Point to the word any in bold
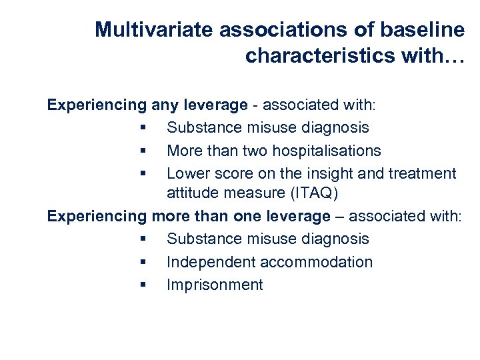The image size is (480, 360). pyautogui.click(x=165, y=105)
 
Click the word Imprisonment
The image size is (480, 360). pyautogui.click(x=215, y=285)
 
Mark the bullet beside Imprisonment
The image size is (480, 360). pyautogui.click(x=144, y=285)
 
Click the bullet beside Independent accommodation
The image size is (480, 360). pyautogui.click(x=144, y=262)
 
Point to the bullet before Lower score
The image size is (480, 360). pyautogui.click(x=144, y=173)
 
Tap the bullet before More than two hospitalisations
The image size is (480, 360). pyautogui.click(x=144, y=151)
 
